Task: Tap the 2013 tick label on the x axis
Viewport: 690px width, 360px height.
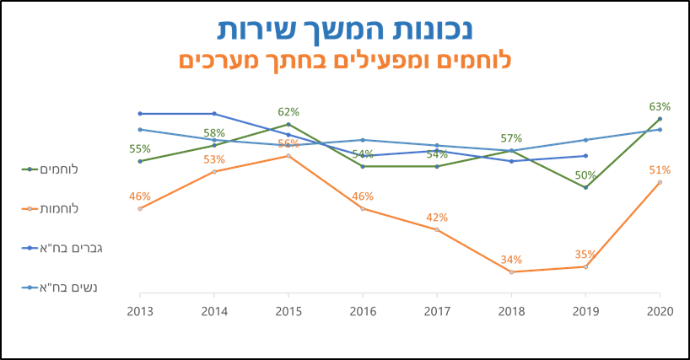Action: click(139, 311)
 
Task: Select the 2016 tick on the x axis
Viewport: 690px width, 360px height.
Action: click(363, 311)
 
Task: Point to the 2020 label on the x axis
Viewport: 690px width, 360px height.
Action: click(660, 311)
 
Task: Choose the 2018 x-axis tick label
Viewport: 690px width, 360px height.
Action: click(511, 311)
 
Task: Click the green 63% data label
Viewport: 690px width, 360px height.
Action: click(660, 107)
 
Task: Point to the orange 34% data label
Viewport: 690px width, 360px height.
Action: click(511, 260)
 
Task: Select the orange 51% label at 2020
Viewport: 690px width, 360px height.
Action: click(660, 170)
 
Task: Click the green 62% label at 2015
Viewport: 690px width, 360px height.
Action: click(288, 112)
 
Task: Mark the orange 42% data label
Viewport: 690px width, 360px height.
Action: click(437, 218)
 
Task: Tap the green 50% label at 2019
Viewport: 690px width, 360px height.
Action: click(585, 175)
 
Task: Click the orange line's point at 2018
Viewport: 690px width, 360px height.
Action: click(511, 271)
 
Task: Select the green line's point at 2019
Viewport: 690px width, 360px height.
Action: click(585, 187)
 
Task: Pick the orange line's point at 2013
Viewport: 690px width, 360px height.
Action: click(140, 208)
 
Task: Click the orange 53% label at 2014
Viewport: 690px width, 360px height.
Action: click(214, 159)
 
